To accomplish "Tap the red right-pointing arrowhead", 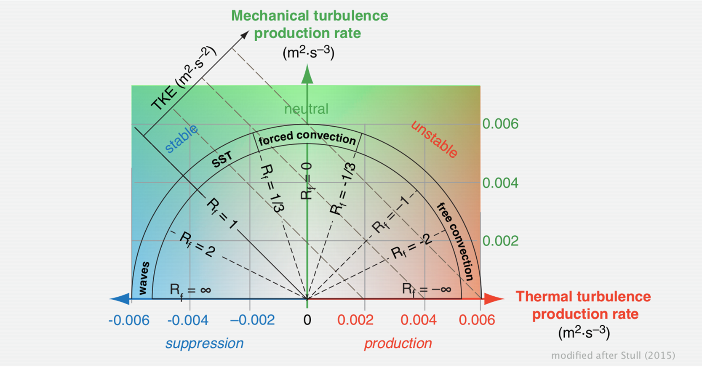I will point(493,299).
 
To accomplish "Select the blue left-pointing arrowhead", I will point(120,299).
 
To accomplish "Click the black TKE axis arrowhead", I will point(245,35).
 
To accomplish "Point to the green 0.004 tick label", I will point(500,183).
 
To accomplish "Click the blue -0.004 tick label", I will point(188,320).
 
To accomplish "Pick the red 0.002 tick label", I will point(355,320).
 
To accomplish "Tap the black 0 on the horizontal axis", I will point(307,320).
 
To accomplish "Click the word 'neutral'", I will point(306,109).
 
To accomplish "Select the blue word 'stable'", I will point(181,138).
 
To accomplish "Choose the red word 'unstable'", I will point(434,139).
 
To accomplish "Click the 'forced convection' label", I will point(307,138).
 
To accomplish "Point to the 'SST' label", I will point(222,160).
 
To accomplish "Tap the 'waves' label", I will point(144,278).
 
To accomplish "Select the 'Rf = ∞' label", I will point(190,290).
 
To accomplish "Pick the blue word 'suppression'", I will point(205,343).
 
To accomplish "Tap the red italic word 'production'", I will point(398,343).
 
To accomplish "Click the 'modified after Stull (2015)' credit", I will point(613,356).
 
